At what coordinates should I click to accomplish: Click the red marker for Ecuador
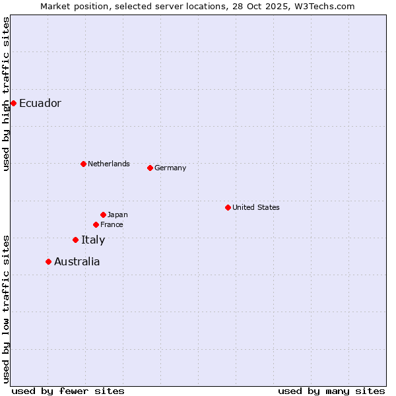pyautogui.click(x=13, y=103)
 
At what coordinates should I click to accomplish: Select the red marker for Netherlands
pyautogui.click(x=83, y=164)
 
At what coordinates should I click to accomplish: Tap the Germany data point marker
pyautogui.click(x=150, y=168)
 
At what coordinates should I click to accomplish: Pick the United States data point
pyautogui.click(x=228, y=207)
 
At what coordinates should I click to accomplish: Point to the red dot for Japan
pyautogui.click(x=103, y=214)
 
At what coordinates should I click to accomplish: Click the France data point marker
pyautogui.click(x=96, y=224)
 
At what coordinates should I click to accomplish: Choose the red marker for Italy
pyautogui.click(x=75, y=240)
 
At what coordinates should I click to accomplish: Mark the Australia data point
pyautogui.click(x=48, y=261)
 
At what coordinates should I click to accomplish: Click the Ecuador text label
pyautogui.click(x=40, y=103)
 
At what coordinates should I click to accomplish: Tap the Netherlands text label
pyautogui.click(x=109, y=164)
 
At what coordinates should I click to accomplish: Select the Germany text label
pyautogui.click(x=170, y=168)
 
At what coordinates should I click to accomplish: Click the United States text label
pyautogui.click(x=256, y=207)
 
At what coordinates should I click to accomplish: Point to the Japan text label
pyautogui.click(x=117, y=214)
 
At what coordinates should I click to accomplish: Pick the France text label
pyautogui.click(x=112, y=224)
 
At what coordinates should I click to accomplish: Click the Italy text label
pyautogui.click(x=93, y=240)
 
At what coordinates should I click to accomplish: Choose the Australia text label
pyautogui.click(x=77, y=261)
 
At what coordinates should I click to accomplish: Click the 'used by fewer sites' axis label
pyautogui.click(x=68, y=391)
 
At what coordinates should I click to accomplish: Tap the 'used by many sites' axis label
pyautogui.click(x=331, y=391)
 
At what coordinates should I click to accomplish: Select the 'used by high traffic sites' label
pyautogui.click(x=6, y=94)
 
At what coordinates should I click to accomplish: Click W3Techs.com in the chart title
pyautogui.click(x=325, y=6)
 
